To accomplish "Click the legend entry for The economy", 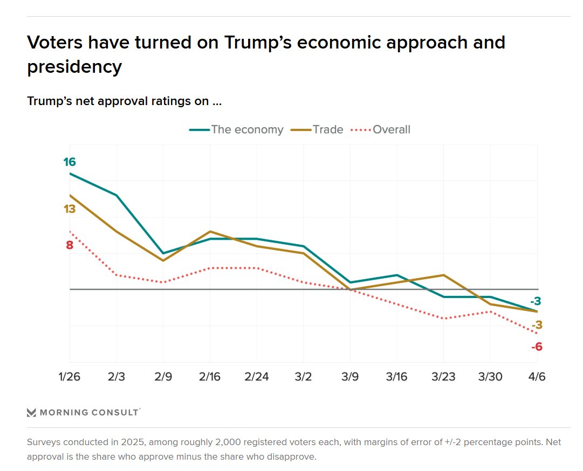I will tap(236, 129).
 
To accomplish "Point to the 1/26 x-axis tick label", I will tap(70, 377).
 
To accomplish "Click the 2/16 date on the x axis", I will tap(210, 377).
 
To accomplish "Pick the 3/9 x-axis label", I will tap(351, 377).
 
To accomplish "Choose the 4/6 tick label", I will tap(537, 377).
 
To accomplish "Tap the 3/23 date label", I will tap(444, 377).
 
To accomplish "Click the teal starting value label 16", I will tap(70, 162).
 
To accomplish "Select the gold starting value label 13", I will tap(70, 209).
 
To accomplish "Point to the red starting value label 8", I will tap(70, 245).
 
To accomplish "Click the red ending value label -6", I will tap(537, 347).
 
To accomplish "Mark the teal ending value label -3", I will tap(535, 301).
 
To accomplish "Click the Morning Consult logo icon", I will tap(32, 413).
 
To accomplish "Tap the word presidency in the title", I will tap(74, 67).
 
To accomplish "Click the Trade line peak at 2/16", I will tap(210, 232).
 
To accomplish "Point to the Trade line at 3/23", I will tap(444, 275).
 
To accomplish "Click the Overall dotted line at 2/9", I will tap(163, 282).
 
